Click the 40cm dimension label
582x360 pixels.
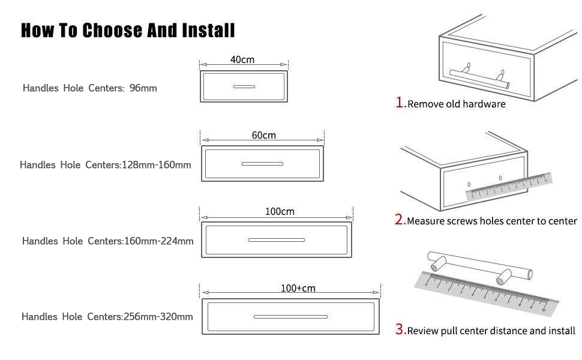point(242,60)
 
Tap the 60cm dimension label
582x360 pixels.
point(264,135)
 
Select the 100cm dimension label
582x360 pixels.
point(280,212)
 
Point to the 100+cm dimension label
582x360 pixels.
point(298,288)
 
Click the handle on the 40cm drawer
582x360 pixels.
point(244,86)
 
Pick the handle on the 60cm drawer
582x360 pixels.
point(262,164)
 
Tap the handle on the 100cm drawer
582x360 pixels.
point(277,240)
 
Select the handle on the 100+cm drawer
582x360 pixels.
point(290,317)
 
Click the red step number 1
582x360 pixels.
point(400,103)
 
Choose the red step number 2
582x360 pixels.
point(400,220)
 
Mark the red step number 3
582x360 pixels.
point(400,329)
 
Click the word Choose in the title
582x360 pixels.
point(112,31)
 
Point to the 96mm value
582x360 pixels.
point(143,88)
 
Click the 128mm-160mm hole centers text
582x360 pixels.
point(156,165)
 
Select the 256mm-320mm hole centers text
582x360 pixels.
point(158,317)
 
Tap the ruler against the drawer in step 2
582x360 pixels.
point(509,187)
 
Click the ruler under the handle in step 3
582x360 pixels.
point(487,294)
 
